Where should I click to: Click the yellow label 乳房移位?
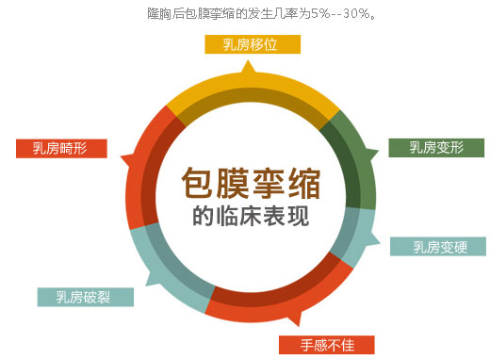(x=251, y=44)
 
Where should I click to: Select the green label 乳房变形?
(x=436, y=147)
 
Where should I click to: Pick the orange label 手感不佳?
(x=327, y=343)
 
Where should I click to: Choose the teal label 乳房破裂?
(x=86, y=297)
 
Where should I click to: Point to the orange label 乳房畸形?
(x=61, y=148)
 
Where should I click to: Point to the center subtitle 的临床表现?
(x=250, y=216)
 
